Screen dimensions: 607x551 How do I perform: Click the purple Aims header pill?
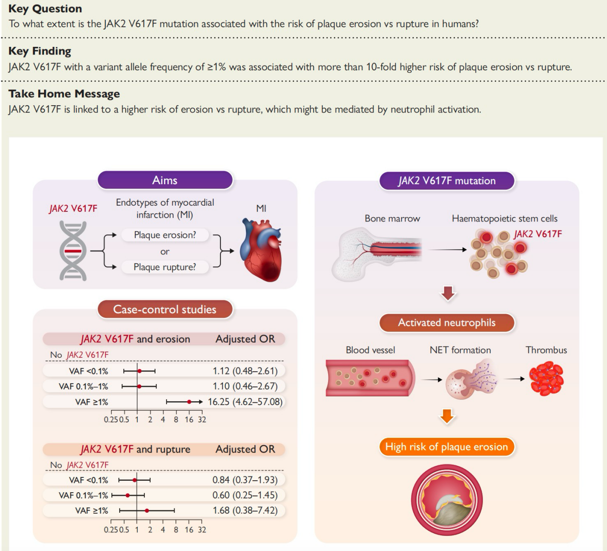pyautogui.click(x=165, y=180)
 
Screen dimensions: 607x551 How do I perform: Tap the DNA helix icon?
pyautogui.click(x=73, y=251)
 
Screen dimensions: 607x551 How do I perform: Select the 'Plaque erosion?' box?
pyautogui.click(x=165, y=235)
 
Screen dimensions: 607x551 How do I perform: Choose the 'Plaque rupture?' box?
pyautogui.click(x=165, y=267)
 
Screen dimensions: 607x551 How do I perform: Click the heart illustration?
pyautogui.click(x=261, y=251)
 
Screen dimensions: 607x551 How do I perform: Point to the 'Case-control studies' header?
pyautogui.click(x=165, y=309)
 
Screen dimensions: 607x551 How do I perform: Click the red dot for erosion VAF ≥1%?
pyautogui.click(x=189, y=402)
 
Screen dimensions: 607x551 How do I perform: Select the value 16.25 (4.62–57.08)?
pyautogui.click(x=245, y=402)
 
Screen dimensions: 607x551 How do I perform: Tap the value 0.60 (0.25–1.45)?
pyautogui.click(x=245, y=495)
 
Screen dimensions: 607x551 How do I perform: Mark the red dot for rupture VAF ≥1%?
pyautogui.click(x=147, y=511)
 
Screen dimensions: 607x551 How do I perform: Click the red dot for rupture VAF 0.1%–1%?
pyautogui.click(x=127, y=496)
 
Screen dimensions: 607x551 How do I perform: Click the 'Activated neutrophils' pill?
pyautogui.click(x=447, y=322)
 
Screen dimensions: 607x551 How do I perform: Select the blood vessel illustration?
pyautogui.click(x=370, y=378)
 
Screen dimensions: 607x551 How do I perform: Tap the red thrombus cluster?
pyautogui.click(x=546, y=379)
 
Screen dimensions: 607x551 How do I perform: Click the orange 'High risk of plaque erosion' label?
pyautogui.click(x=447, y=447)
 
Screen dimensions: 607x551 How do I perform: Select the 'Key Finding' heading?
pyautogui.click(x=40, y=51)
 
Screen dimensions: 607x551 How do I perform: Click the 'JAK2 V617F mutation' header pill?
pyautogui.click(x=447, y=181)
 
